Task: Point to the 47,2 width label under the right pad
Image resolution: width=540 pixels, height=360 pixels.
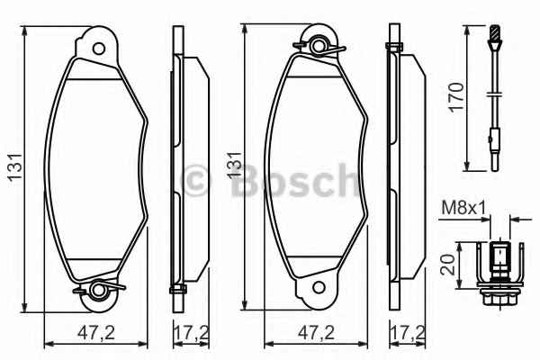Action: [x=317, y=332]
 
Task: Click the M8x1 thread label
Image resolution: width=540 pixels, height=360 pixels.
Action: [x=463, y=209]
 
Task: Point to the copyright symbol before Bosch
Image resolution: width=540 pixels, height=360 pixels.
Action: [x=196, y=181]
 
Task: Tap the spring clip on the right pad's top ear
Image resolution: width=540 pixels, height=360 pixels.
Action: [x=319, y=43]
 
